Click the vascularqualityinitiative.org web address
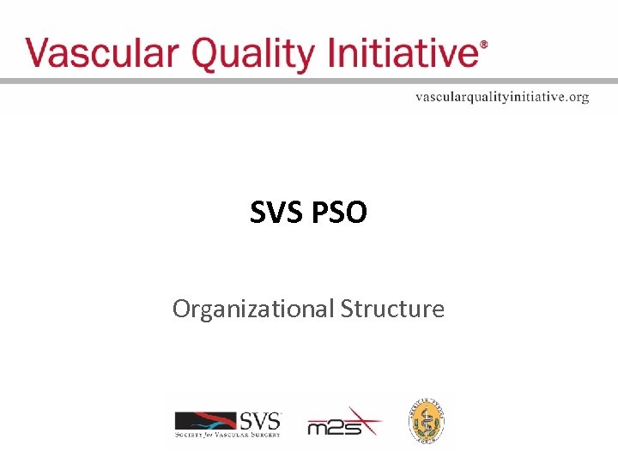click(x=502, y=97)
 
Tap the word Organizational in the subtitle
click(x=253, y=309)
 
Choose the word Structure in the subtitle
click(x=392, y=308)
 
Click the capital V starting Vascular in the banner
click(x=39, y=53)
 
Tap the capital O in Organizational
click(x=182, y=309)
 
